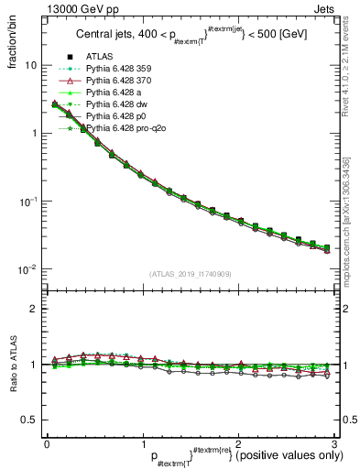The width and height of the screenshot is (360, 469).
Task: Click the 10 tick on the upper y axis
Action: point(31,66)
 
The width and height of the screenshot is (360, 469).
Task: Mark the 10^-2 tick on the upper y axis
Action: point(28,269)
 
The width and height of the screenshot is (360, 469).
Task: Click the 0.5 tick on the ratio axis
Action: point(29,420)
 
